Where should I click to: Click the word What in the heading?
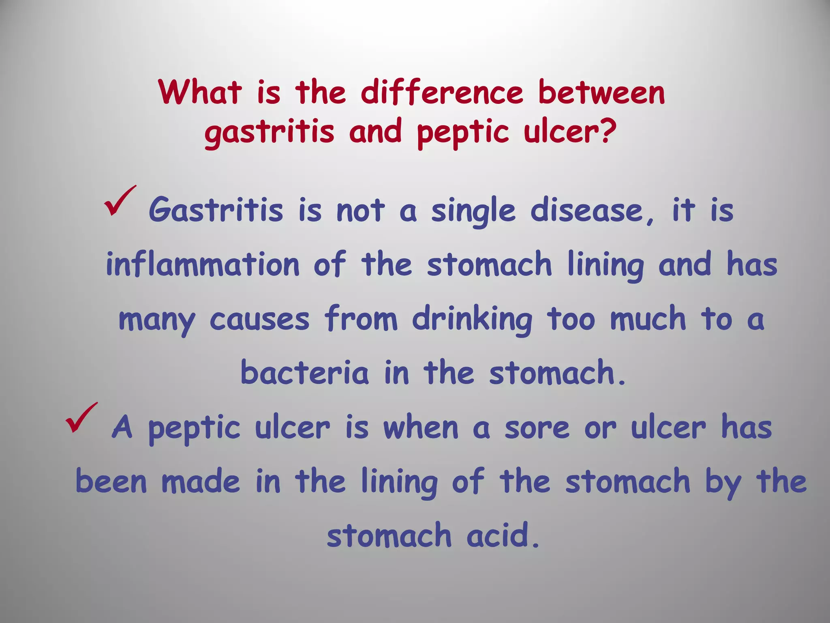point(201,92)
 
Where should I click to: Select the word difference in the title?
point(442,92)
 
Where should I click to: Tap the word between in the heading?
point(601,92)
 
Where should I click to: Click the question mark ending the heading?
point(607,131)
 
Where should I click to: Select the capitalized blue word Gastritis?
point(216,210)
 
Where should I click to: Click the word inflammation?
point(203,264)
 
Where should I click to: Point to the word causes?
point(259,320)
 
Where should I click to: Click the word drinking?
point(472,320)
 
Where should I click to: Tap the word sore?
point(537,428)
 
